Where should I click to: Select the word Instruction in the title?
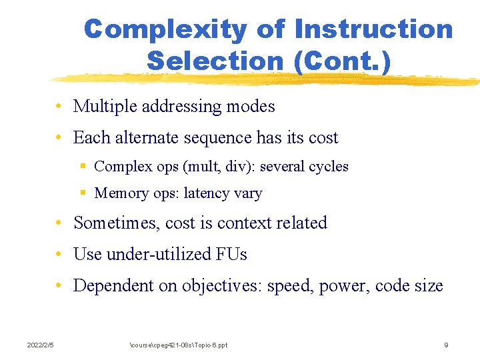[373, 30]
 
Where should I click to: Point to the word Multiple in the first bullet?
[102, 106]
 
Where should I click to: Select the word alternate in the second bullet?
[147, 138]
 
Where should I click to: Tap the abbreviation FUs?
[231, 254]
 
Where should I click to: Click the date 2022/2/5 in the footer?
[40, 345]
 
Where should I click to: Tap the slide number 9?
[446, 345]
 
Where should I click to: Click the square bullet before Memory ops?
[83, 193]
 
